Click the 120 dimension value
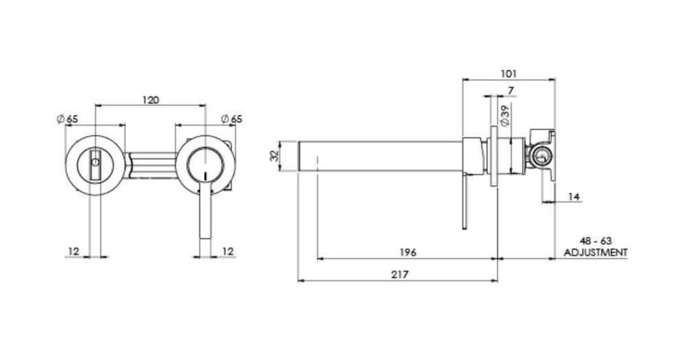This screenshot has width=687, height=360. pos(150,100)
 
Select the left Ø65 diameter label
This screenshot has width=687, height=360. pos(67,119)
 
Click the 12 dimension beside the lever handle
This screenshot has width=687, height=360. pos(229,251)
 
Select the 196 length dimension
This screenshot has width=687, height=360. pos(408,252)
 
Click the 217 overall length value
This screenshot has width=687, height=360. pos(399,274)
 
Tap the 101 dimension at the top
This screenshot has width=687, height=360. pos(509,73)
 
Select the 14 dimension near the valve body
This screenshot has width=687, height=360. pos(574,196)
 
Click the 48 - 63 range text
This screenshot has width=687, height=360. pos(595,243)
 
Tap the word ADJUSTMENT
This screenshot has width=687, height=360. pos(595,253)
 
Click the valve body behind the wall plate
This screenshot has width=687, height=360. pos(541,156)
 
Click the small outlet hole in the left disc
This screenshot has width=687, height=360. pos(96,164)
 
